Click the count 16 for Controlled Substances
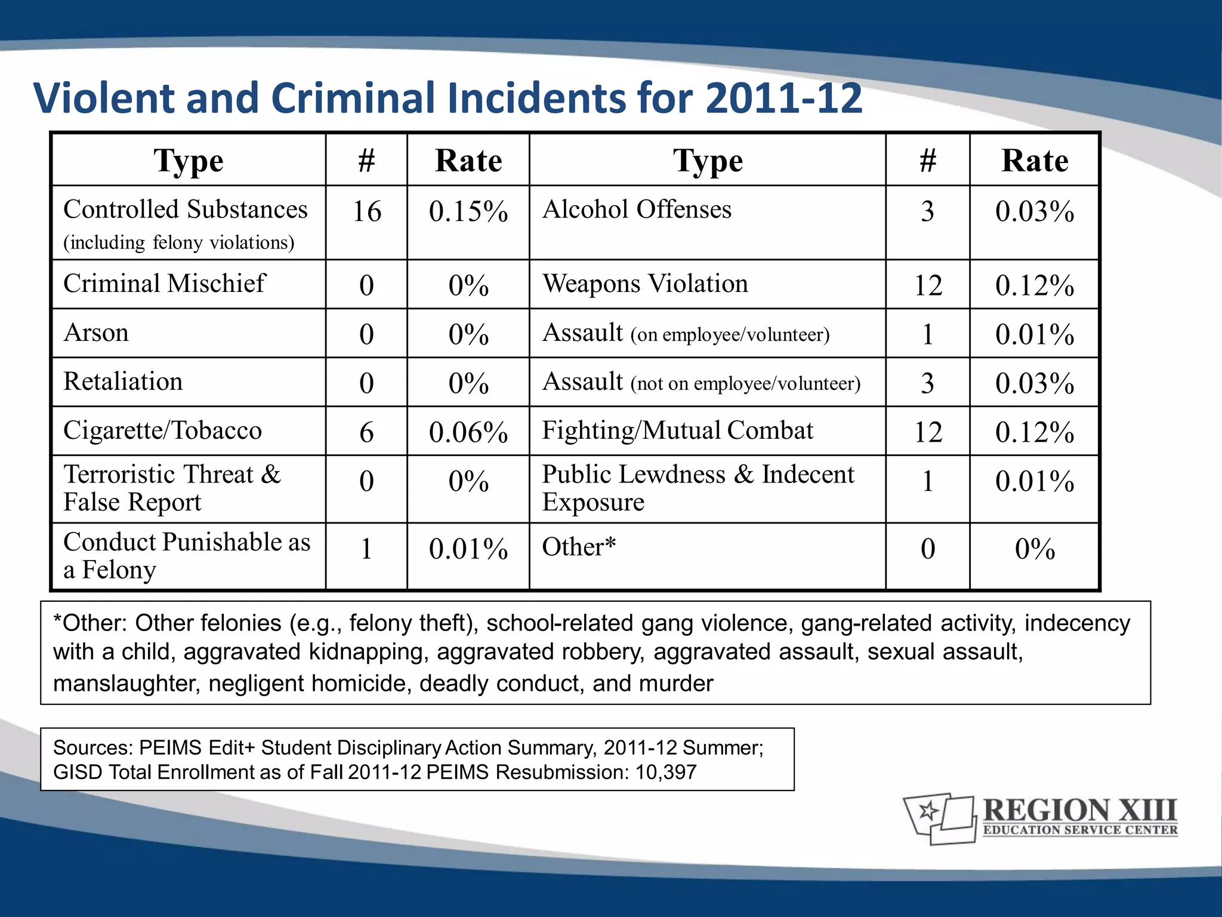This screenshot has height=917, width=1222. tap(366, 212)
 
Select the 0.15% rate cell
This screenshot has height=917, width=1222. tap(468, 212)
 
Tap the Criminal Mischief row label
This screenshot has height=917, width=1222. tap(164, 284)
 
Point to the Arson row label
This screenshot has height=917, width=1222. tap(96, 333)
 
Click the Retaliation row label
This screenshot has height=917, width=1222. tap(123, 382)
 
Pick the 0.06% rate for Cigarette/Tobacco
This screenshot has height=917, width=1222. tap(468, 432)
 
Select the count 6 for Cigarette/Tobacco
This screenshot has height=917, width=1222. tap(366, 432)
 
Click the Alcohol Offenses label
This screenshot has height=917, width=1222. tap(637, 210)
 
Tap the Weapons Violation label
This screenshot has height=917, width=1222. tap(644, 284)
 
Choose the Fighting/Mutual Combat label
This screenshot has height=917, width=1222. tap(677, 431)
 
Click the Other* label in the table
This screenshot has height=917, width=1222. tap(578, 547)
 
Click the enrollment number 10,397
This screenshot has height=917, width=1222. tap(666, 772)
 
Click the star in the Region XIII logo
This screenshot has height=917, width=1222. tap(928, 811)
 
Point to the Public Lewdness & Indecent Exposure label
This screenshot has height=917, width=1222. tap(698, 488)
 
